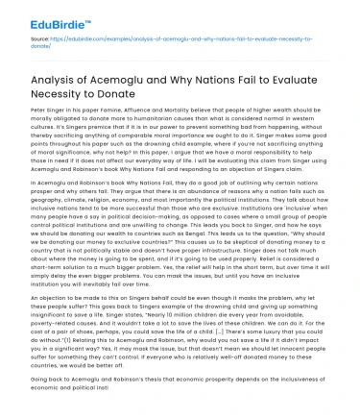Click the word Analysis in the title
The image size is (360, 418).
coord(60,82)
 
